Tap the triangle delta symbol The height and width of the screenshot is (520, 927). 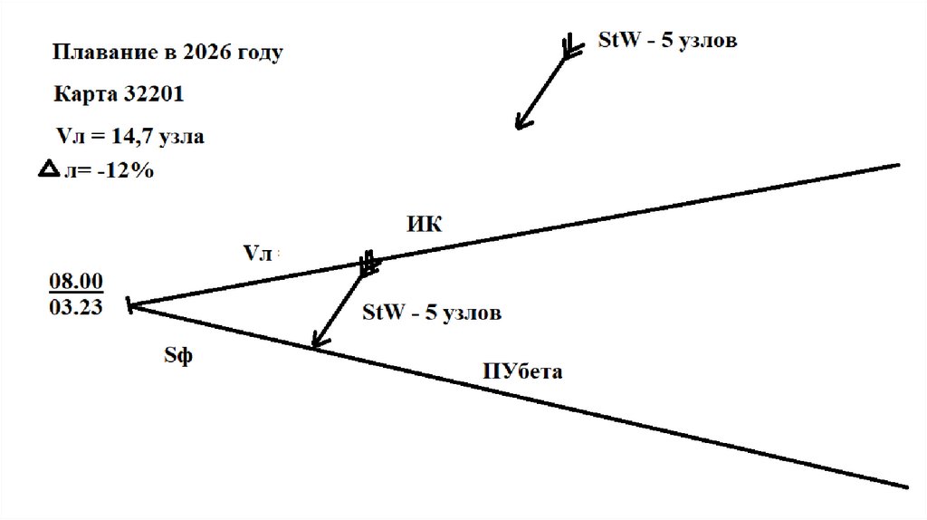pos(49,169)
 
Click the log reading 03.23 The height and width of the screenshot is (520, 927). pos(76,306)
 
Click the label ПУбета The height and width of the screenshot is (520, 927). pos(523,371)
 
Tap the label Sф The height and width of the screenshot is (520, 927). pos(178,356)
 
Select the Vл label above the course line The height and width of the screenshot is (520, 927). pos(257,254)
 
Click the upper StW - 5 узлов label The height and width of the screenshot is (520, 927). pos(667,41)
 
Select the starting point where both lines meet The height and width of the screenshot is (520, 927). pos(132,305)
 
